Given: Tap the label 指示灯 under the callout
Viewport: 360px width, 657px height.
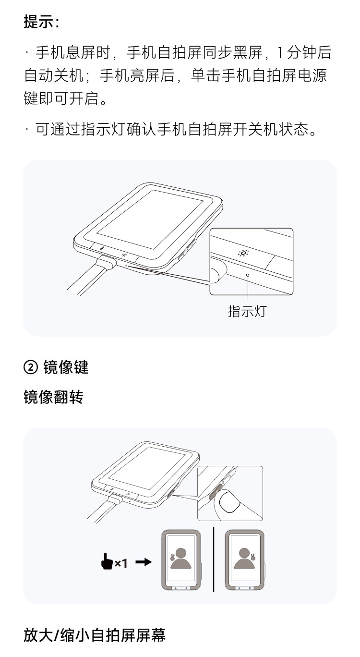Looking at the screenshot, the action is click(247, 311).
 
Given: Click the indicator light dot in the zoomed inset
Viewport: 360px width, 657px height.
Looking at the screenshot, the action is click(248, 275).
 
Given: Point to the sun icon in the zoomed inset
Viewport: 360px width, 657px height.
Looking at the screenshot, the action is click(244, 253).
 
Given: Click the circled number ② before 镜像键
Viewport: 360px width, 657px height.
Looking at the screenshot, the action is click(30, 367).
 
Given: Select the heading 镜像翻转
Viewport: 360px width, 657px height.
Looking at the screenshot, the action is click(53, 397).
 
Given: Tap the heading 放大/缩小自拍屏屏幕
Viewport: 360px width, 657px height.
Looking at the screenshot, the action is click(95, 635).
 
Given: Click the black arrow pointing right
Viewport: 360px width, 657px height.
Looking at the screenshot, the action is click(144, 561).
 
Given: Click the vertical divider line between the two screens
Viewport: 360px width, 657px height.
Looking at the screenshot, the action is click(214, 560).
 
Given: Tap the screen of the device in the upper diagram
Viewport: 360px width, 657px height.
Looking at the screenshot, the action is click(150, 219).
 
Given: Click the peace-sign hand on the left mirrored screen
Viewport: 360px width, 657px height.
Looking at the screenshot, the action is click(171, 558).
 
